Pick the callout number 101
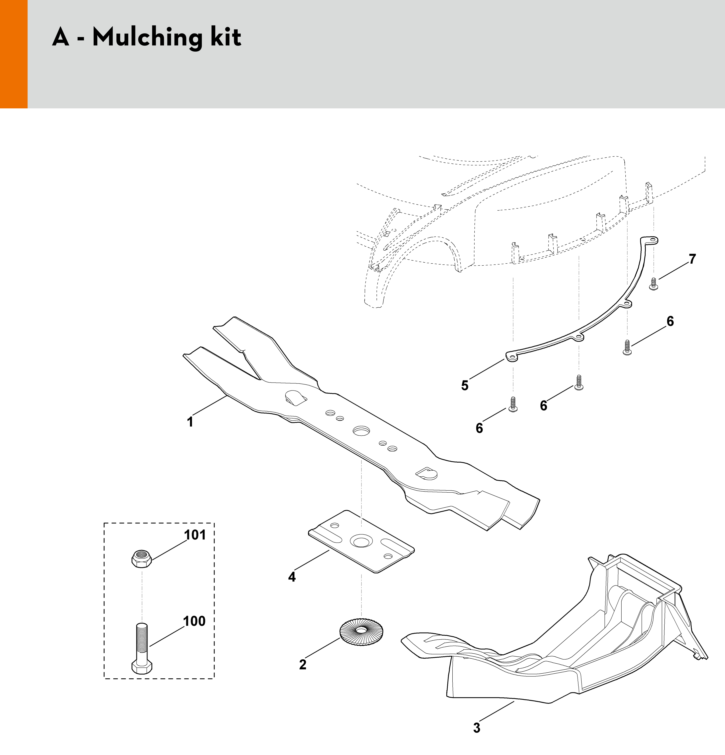(x=195, y=535)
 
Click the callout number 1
(x=190, y=422)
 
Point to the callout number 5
(x=465, y=386)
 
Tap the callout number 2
(x=302, y=664)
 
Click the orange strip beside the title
(x=14, y=54)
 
